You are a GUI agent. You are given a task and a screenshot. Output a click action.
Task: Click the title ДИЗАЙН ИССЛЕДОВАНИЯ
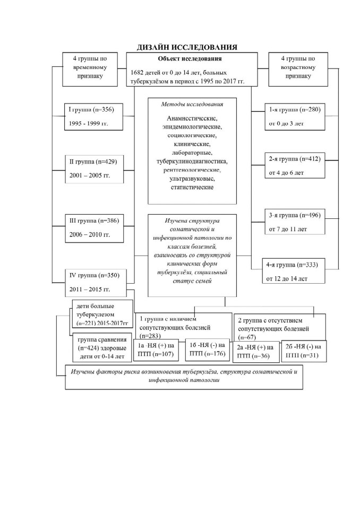(187, 47)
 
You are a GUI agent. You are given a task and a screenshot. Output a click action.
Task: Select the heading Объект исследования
(190, 59)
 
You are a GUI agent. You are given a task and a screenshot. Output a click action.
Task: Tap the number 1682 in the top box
(137, 73)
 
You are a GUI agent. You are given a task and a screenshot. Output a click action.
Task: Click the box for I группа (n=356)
(93, 117)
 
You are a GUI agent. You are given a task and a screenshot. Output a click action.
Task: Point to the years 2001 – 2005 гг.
(90, 175)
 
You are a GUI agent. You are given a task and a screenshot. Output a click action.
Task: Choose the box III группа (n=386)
(95, 228)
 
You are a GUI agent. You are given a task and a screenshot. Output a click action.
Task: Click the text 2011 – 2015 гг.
(90, 289)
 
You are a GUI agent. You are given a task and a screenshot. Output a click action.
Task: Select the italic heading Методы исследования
(192, 105)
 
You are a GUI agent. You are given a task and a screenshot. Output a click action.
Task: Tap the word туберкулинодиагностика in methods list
(192, 161)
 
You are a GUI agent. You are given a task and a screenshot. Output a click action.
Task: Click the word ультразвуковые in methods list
(192, 178)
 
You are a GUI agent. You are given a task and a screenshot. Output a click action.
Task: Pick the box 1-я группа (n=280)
(295, 117)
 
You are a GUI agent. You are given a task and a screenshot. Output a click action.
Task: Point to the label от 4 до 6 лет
(286, 173)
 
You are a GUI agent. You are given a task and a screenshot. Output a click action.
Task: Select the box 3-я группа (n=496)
(295, 222)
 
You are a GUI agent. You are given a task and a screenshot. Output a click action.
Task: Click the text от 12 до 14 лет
(287, 279)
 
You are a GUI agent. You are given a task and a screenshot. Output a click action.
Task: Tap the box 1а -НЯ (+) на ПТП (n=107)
(156, 350)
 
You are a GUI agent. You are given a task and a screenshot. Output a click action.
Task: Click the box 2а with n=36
(255, 352)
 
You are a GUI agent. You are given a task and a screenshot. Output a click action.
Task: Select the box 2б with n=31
(304, 351)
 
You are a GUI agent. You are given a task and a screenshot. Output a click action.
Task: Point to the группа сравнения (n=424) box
(102, 347)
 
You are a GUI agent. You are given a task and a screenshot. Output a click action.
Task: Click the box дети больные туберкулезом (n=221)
(102, 314)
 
